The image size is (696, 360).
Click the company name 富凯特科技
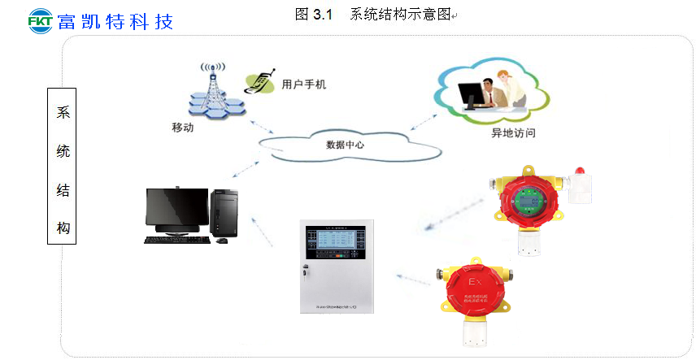(115, 20)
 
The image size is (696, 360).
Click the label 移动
(182, 128)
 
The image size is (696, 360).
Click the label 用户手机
(303, 85)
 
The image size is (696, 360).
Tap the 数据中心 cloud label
(345, 145)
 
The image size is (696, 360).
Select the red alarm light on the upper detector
(579, 171)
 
